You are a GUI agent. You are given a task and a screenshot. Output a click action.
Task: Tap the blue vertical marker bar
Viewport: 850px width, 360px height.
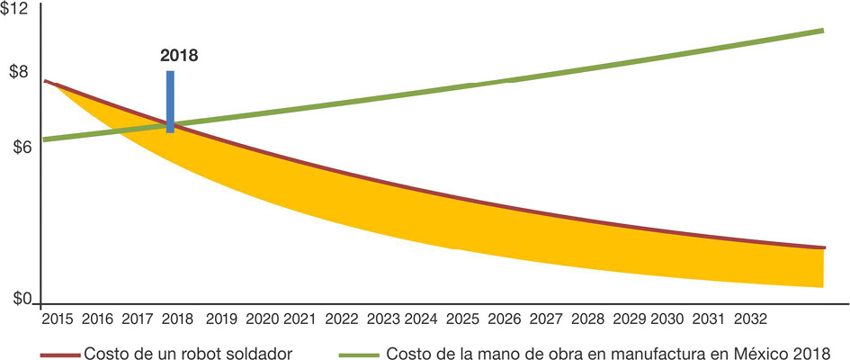tap(170, 101)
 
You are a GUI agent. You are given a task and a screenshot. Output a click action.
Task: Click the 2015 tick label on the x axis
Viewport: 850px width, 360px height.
tap(57, 319)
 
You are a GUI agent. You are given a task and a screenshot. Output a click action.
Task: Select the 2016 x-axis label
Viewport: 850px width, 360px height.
tap(97, 319)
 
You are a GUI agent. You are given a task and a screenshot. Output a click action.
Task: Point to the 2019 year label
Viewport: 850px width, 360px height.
tap(221, 319)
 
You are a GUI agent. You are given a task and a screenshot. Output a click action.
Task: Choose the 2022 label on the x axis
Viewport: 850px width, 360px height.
tap(342, 319)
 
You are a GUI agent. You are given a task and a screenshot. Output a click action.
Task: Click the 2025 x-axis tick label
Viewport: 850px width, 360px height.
tap(463, 319)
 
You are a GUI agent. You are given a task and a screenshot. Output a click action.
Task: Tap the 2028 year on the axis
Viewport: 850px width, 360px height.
tap(587, 319)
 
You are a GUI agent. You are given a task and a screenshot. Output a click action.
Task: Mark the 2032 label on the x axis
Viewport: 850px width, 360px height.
tap(751, 319)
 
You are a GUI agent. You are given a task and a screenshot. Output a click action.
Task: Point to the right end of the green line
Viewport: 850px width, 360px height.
tap(822, 31)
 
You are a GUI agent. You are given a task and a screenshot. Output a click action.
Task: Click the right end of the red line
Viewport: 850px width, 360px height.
tap(823, 247)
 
